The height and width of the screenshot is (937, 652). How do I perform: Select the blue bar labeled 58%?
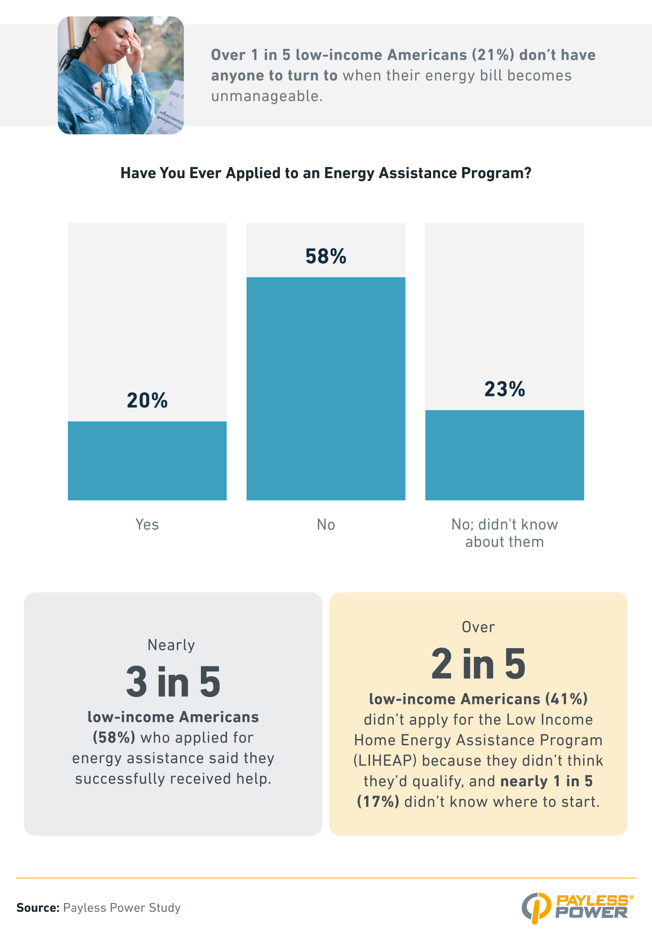point(326,388)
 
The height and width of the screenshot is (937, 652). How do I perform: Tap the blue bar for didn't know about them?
point(504,455)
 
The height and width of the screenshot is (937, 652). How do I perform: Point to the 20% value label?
point(147,400)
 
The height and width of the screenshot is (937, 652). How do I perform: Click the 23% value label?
point(504,389)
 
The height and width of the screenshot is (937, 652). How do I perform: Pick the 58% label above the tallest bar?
point(326,256)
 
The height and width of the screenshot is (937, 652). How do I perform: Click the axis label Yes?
point(147,524)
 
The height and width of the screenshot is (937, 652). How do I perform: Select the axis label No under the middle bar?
point(326,524)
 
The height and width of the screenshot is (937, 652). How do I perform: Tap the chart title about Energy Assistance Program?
point(326,173)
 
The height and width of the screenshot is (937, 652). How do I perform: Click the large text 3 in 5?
point(173,682)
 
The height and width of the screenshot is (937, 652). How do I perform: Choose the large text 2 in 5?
point(478,664)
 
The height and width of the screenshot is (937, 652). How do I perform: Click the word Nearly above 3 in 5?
point(171,645)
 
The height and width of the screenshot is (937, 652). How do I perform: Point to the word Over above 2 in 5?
point(478,627)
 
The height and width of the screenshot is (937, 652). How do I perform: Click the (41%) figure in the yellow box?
point(567,699)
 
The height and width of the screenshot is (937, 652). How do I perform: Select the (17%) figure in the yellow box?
point(378,801)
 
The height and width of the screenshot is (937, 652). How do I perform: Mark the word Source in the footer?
point(37,908)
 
